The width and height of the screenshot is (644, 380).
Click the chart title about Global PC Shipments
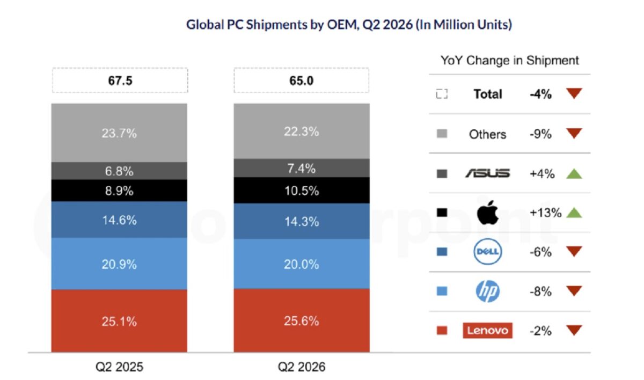349,25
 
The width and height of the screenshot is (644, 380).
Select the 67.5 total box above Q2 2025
120,80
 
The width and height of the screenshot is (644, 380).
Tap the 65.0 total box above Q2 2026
301,80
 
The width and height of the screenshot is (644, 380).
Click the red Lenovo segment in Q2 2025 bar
119,320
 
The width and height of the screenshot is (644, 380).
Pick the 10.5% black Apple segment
302,191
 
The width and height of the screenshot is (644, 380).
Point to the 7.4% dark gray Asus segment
302,168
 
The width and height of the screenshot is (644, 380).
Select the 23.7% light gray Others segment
119,133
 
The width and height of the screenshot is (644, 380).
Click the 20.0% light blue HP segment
302,264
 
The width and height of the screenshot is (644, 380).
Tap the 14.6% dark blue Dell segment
119,220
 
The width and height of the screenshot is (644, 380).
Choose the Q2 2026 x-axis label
301,367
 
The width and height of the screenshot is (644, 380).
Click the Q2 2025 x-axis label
119,367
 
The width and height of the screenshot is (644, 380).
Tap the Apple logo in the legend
487,213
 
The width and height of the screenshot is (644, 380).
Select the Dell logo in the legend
488,252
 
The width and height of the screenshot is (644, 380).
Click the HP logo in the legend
488,291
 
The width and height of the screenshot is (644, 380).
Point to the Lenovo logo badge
488,330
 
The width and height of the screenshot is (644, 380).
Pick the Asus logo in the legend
488,173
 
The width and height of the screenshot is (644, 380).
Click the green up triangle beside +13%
574,213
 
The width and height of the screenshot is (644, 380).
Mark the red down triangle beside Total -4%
574,93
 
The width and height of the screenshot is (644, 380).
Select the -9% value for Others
540,134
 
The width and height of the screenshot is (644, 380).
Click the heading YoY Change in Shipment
510,60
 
